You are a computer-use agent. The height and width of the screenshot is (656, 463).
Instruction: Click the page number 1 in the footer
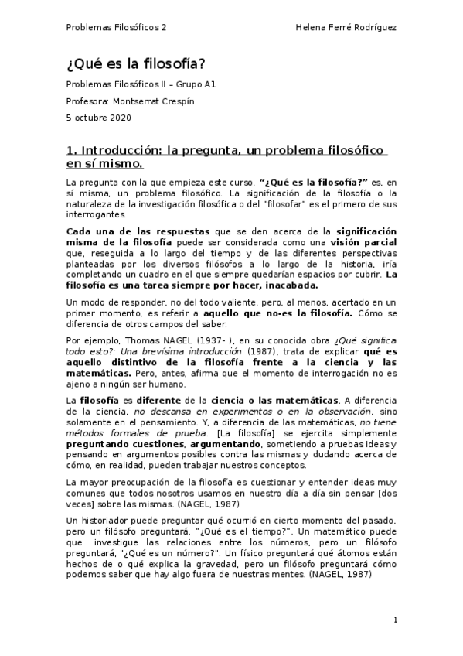pos(395,620)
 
